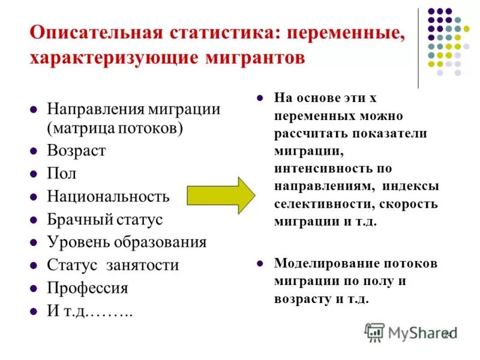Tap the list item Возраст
76,151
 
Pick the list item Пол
62,173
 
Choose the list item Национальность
108,196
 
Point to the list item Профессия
88,287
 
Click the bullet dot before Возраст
34,151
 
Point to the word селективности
320,203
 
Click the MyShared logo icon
374,332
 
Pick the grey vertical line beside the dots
418,48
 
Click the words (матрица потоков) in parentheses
115,128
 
